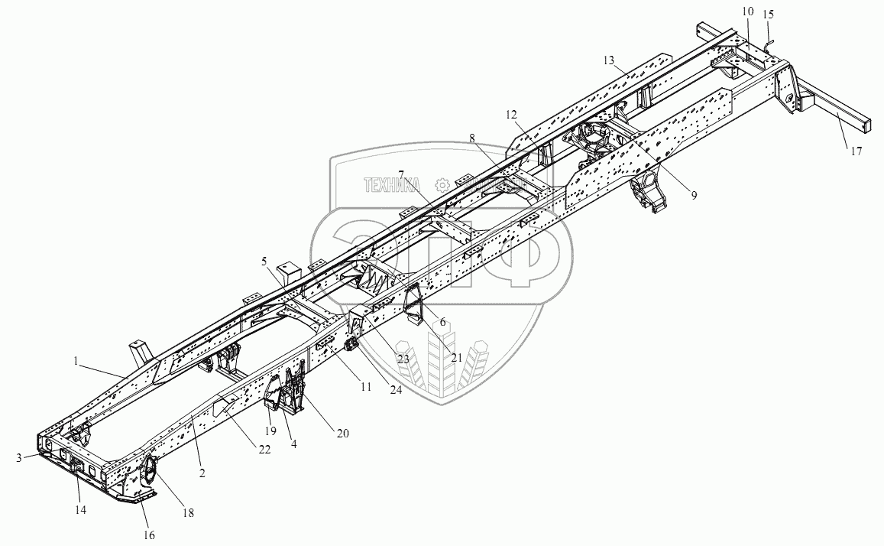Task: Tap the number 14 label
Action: pos(79,508)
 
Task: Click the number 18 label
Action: pos(188,514)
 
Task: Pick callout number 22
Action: pos(264,450)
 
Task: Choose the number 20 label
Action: pos(342,433)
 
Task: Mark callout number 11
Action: pos(365,387)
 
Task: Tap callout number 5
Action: pos(264,262)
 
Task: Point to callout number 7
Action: pos(401,174)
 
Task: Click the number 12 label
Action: pos(511,114)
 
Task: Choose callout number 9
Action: pos(694,196)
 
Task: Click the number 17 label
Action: pos(855,151)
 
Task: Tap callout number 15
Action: pos(768,14)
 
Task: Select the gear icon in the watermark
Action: pos(441,184)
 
